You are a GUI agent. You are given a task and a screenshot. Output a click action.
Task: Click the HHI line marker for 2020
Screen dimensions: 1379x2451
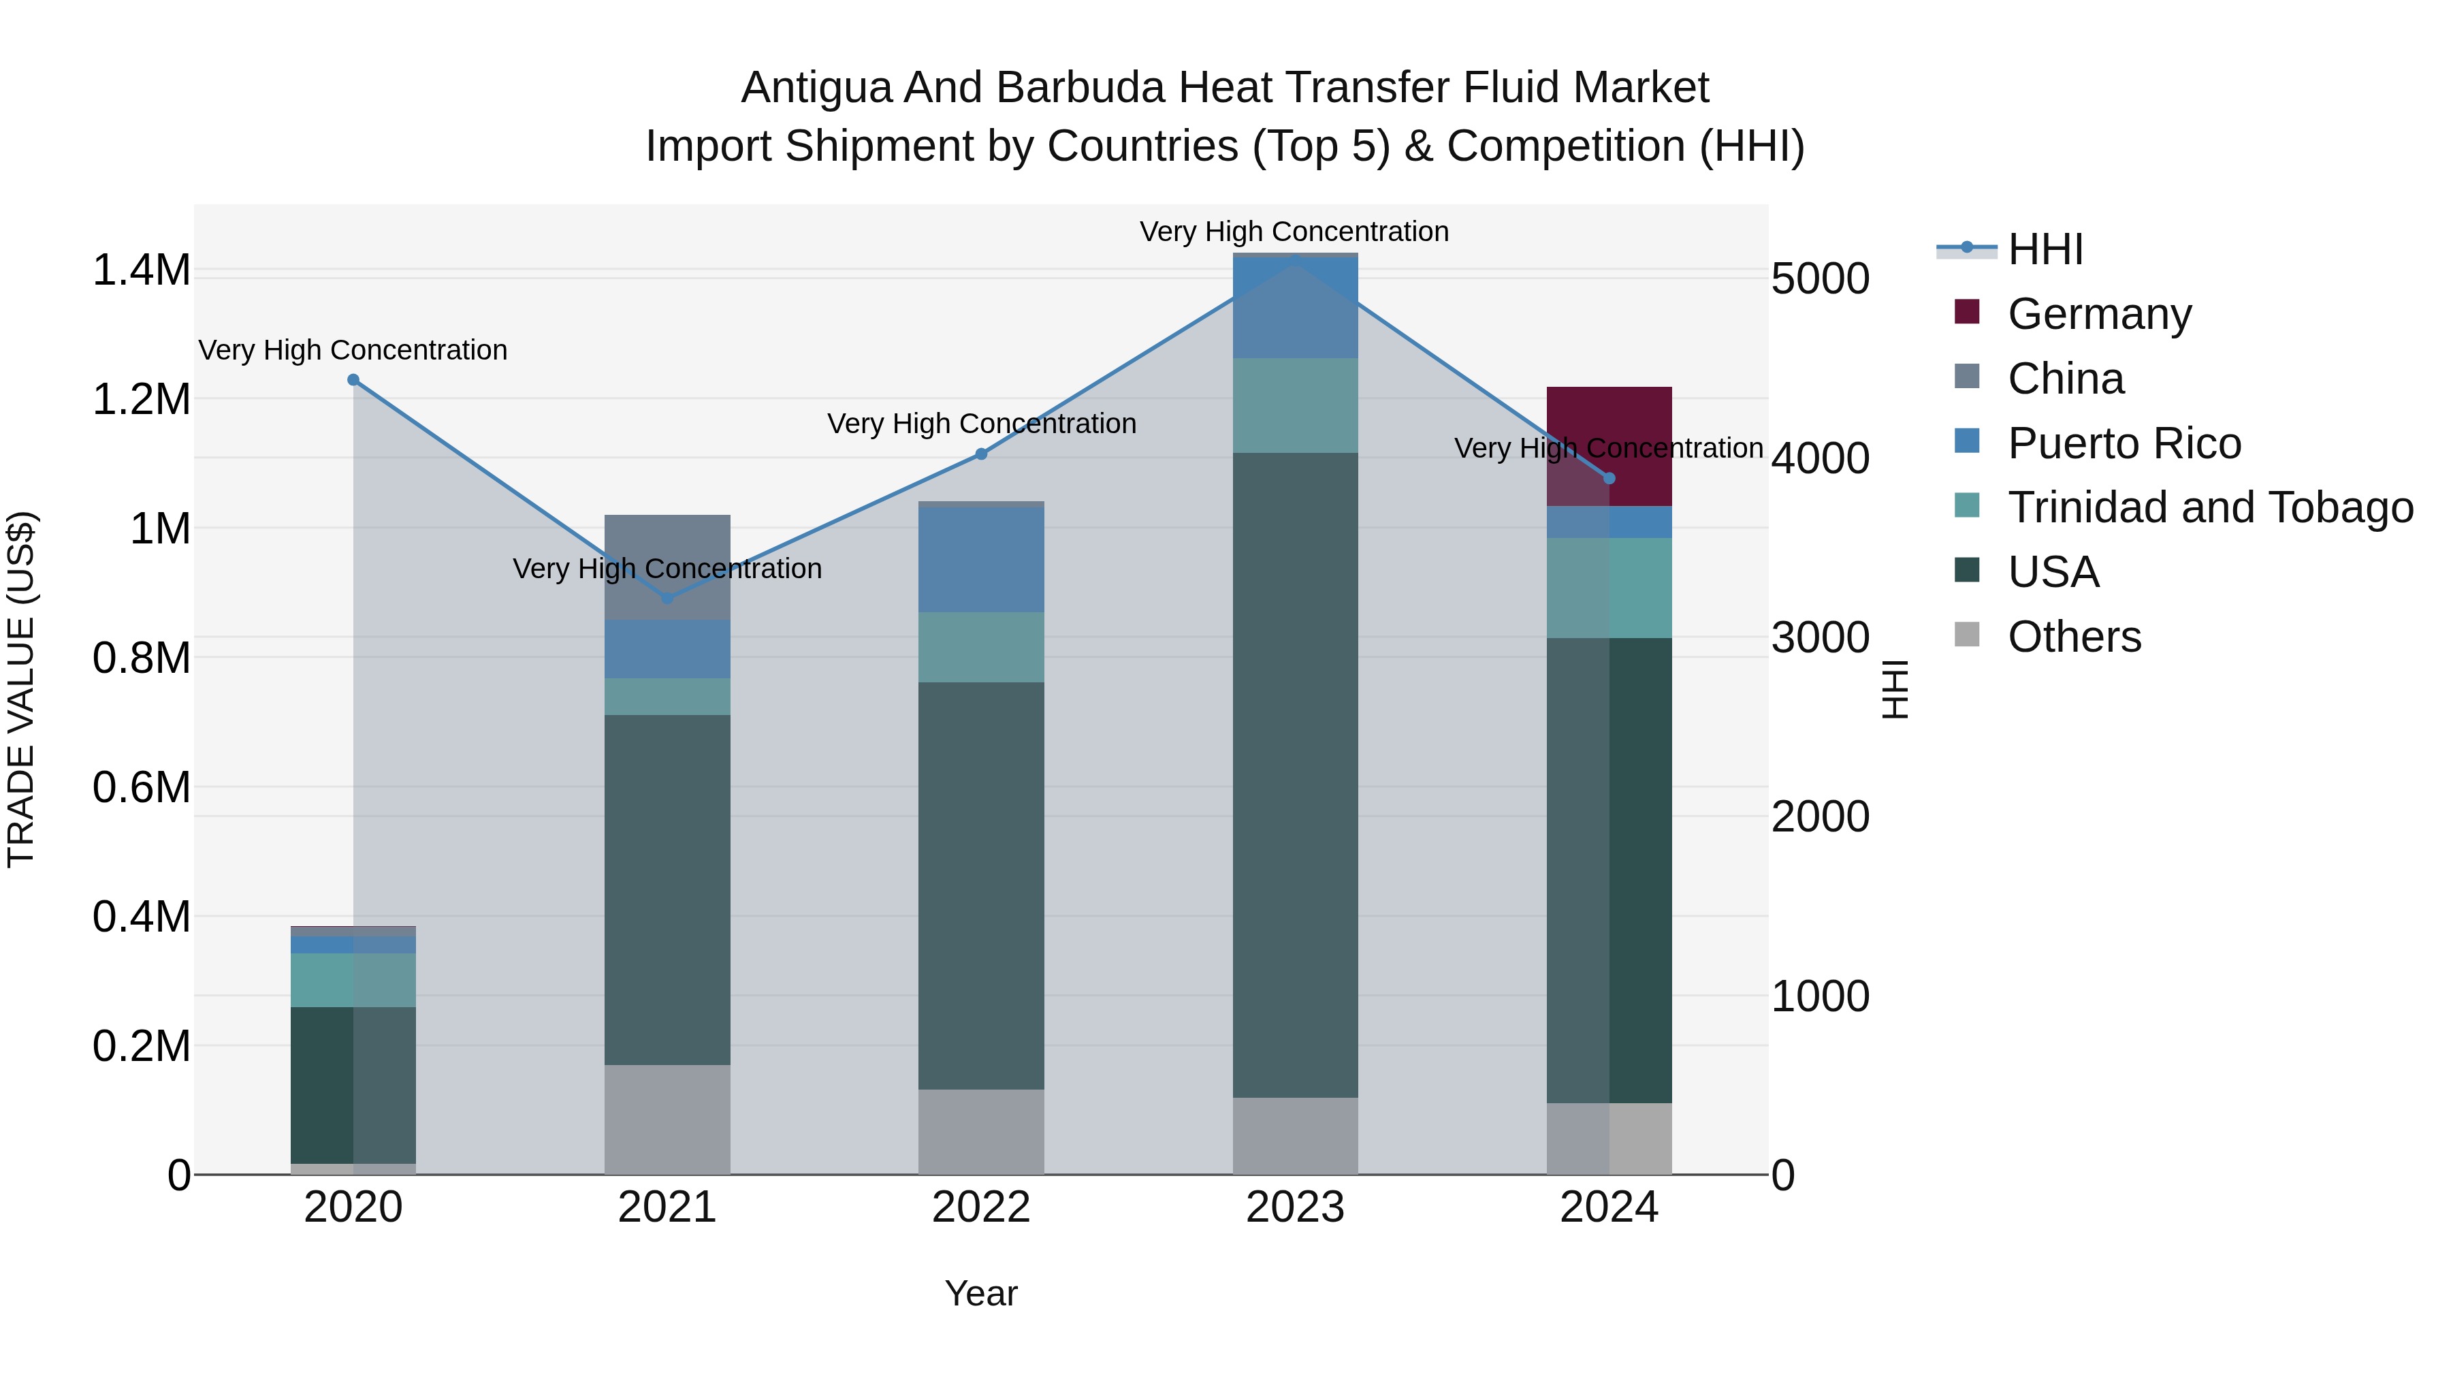353,380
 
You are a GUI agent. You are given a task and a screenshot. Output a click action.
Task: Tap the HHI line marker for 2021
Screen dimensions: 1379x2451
667,598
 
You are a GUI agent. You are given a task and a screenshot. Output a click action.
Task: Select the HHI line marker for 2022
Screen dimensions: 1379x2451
981,454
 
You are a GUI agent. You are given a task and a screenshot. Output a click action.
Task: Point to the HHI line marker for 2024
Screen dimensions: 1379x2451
1609,478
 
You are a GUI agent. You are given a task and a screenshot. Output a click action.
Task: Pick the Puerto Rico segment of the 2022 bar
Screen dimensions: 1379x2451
981,560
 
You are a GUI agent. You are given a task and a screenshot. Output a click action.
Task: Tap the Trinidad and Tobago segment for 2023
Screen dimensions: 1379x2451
1295,405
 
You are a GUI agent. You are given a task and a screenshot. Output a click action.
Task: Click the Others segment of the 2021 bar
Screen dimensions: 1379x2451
667,1119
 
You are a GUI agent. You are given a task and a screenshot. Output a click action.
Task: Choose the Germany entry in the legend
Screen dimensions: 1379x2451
2099,313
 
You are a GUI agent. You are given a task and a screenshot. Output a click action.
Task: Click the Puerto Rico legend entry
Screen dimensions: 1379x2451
2124,443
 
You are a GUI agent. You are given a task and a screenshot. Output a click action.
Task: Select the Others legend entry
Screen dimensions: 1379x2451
2074,637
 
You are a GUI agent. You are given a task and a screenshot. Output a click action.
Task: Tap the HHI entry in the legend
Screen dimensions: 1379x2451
2046,249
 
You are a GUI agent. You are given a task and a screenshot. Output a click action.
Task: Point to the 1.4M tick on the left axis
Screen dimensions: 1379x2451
141,270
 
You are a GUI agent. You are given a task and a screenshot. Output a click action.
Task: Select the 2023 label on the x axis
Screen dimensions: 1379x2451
1295,1207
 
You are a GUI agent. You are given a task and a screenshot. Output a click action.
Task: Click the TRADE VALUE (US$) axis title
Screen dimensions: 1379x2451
21,689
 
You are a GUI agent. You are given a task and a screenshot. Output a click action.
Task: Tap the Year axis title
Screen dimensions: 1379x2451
981,1293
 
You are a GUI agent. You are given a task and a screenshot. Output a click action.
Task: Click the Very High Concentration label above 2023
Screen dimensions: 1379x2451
1294,232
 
